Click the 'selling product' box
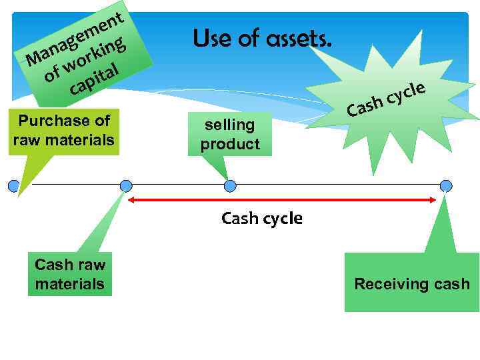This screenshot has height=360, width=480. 230,134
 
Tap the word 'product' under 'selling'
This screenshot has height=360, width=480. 230,144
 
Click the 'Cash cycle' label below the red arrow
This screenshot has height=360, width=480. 261,218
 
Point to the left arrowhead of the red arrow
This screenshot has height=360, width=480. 132,199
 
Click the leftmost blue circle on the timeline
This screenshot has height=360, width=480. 13,185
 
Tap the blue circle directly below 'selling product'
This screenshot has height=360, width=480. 230,185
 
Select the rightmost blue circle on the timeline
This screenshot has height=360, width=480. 446,185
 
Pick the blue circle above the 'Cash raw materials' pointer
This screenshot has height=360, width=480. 126,185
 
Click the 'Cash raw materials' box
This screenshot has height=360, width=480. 69,274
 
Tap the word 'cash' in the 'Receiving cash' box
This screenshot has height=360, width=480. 452,284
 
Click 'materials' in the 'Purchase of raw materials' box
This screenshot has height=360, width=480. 83,141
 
